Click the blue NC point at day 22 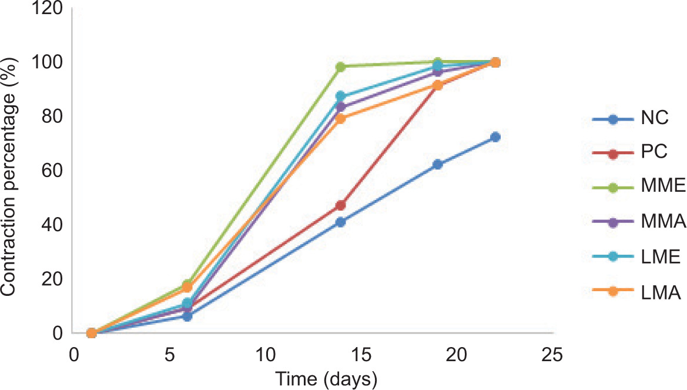pos(495,137)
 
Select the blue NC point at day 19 pos(438,165)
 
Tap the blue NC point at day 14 pos(341,222)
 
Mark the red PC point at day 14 pos(341,205)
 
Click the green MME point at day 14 pos(341,66)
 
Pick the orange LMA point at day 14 pos(341,119)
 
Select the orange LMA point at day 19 pos(438,85)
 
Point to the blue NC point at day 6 pos(187,316)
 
